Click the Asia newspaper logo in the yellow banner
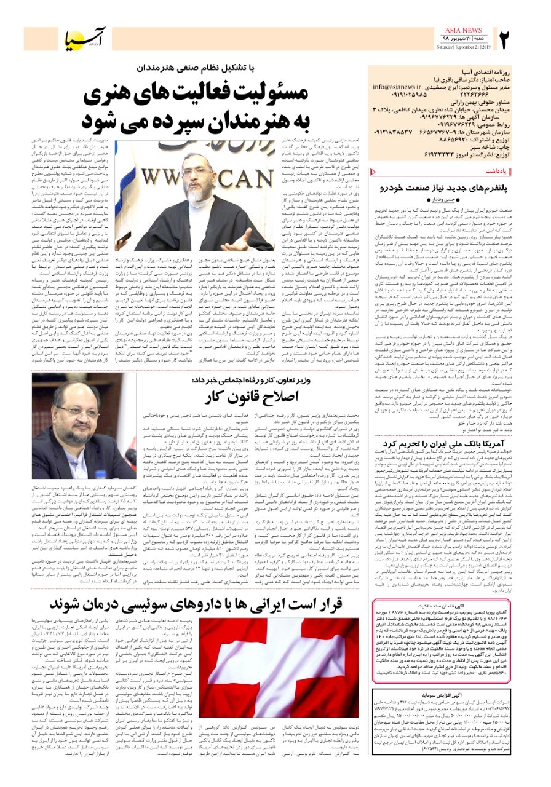[x=85, y=39]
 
